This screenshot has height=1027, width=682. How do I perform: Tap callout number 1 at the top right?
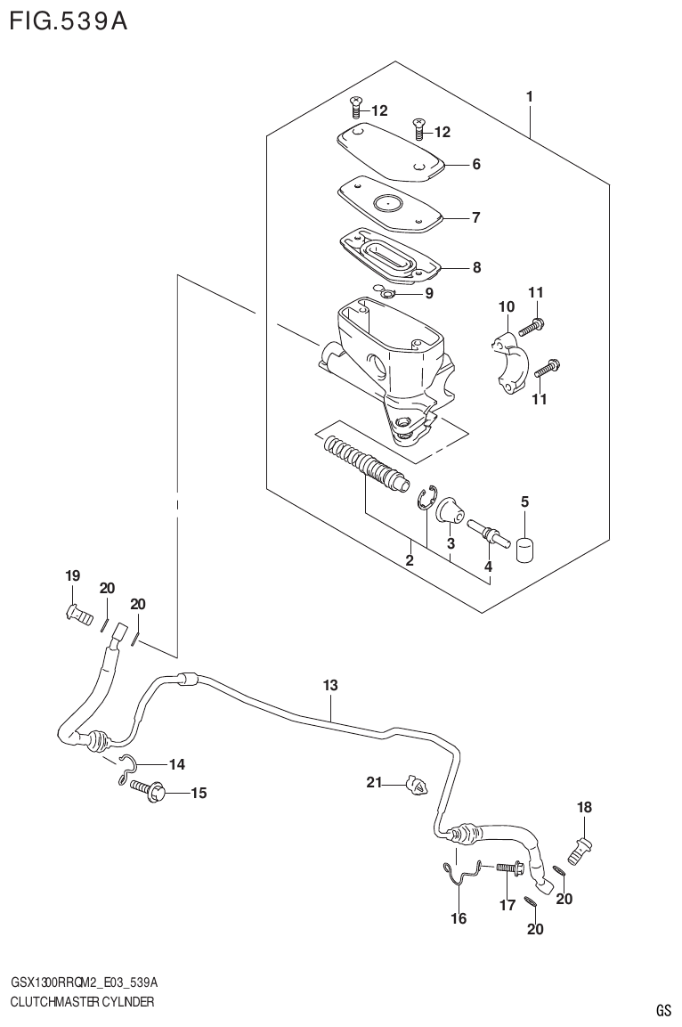point(529,95)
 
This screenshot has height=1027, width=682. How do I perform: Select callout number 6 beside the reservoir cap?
point(476,164)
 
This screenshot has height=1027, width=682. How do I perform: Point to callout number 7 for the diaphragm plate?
point(476,216)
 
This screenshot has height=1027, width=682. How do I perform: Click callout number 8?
point(476,266)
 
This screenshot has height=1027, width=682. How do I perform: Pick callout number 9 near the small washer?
point(429,292)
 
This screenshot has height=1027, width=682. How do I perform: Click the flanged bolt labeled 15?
point(148,787)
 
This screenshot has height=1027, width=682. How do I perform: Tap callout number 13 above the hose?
point(330,685)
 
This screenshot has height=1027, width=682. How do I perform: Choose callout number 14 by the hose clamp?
point(176,763)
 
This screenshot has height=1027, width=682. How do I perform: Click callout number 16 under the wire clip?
point(459,918)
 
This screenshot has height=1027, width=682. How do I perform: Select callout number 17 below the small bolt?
point(507,906)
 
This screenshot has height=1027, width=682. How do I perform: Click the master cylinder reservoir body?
point(387,356)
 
